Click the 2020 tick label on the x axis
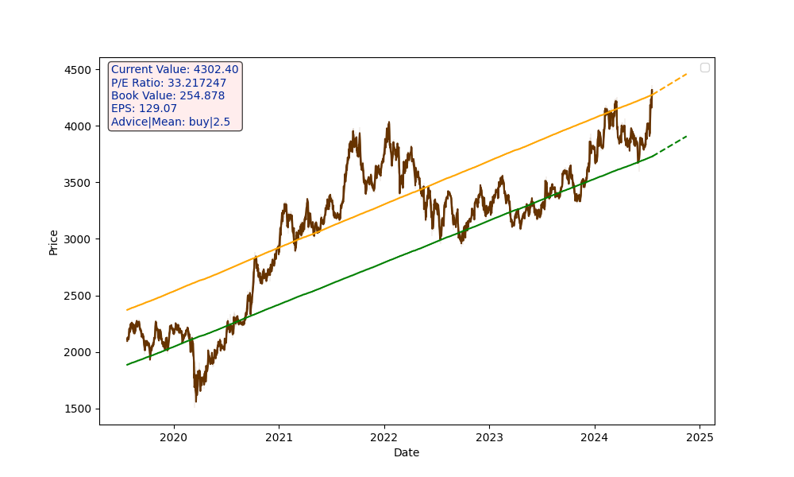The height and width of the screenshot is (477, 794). [x=173, y=436]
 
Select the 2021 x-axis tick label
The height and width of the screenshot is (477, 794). [x=279, y=436]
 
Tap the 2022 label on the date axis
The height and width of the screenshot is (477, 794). [x=384, y=436]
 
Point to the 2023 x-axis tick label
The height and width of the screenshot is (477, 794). [x=489, y=436]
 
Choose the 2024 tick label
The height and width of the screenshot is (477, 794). [x=594, y=436]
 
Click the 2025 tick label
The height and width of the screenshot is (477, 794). [x=700, y=436]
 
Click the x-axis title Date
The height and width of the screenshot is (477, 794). [x=407, y=452]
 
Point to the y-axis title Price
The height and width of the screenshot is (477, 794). [x=53, y=242]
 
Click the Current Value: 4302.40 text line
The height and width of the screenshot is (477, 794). [x=175, y=70]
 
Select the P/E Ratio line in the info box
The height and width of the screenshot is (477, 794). [x=168, y=83]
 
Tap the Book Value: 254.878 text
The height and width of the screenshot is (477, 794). [x=168, y=95]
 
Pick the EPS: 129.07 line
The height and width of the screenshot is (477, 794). [x=144, y=108]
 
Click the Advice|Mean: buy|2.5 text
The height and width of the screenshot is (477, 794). [x=170, y=122]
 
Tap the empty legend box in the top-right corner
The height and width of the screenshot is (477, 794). [x=704, y=68]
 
